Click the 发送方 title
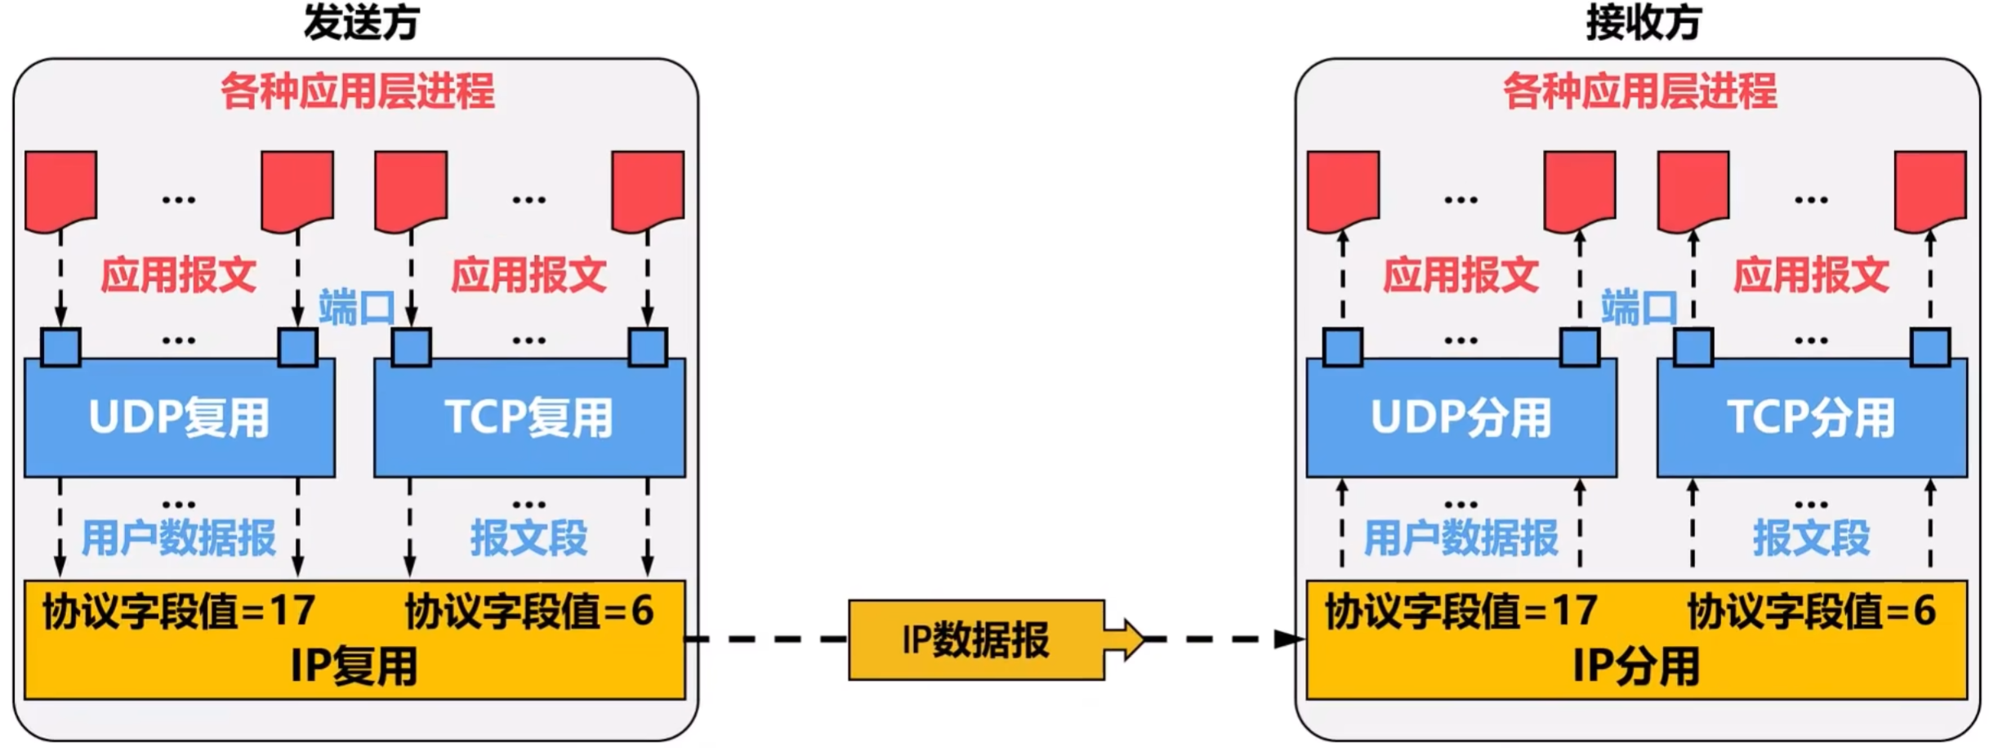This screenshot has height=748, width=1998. (x=361, y=23)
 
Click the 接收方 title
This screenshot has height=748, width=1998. (x=1643, y=23)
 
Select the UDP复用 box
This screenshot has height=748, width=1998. (x=180, y=418)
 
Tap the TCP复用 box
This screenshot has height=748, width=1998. (x=529, y=418)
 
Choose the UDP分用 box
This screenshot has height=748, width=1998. (x=1461, y=418)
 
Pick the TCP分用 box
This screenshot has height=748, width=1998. (x=1811, y=418)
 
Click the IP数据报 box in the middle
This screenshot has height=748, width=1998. (x=976, y=640)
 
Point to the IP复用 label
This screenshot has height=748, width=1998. (x=355, y=666)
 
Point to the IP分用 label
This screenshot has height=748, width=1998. (x=1636, y=666)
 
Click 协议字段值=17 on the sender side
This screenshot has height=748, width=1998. (x=179, y=611)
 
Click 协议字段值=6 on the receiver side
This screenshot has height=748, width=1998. (x=1811, y=611)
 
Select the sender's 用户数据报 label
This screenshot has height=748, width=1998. (x=179, y=539)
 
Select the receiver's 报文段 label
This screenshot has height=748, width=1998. (x=1811, y=539)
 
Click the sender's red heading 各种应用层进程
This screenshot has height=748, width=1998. (x=358, y=91)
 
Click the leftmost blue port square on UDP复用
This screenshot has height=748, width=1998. (x=61, y=347)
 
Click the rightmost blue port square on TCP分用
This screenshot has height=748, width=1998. (x=1929, y=347)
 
